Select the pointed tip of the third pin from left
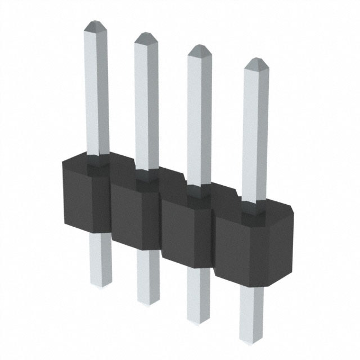coord(199,49)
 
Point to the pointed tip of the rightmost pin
coord(255,62)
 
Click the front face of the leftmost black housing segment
coord(84,202)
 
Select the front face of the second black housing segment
coord(127,217)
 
